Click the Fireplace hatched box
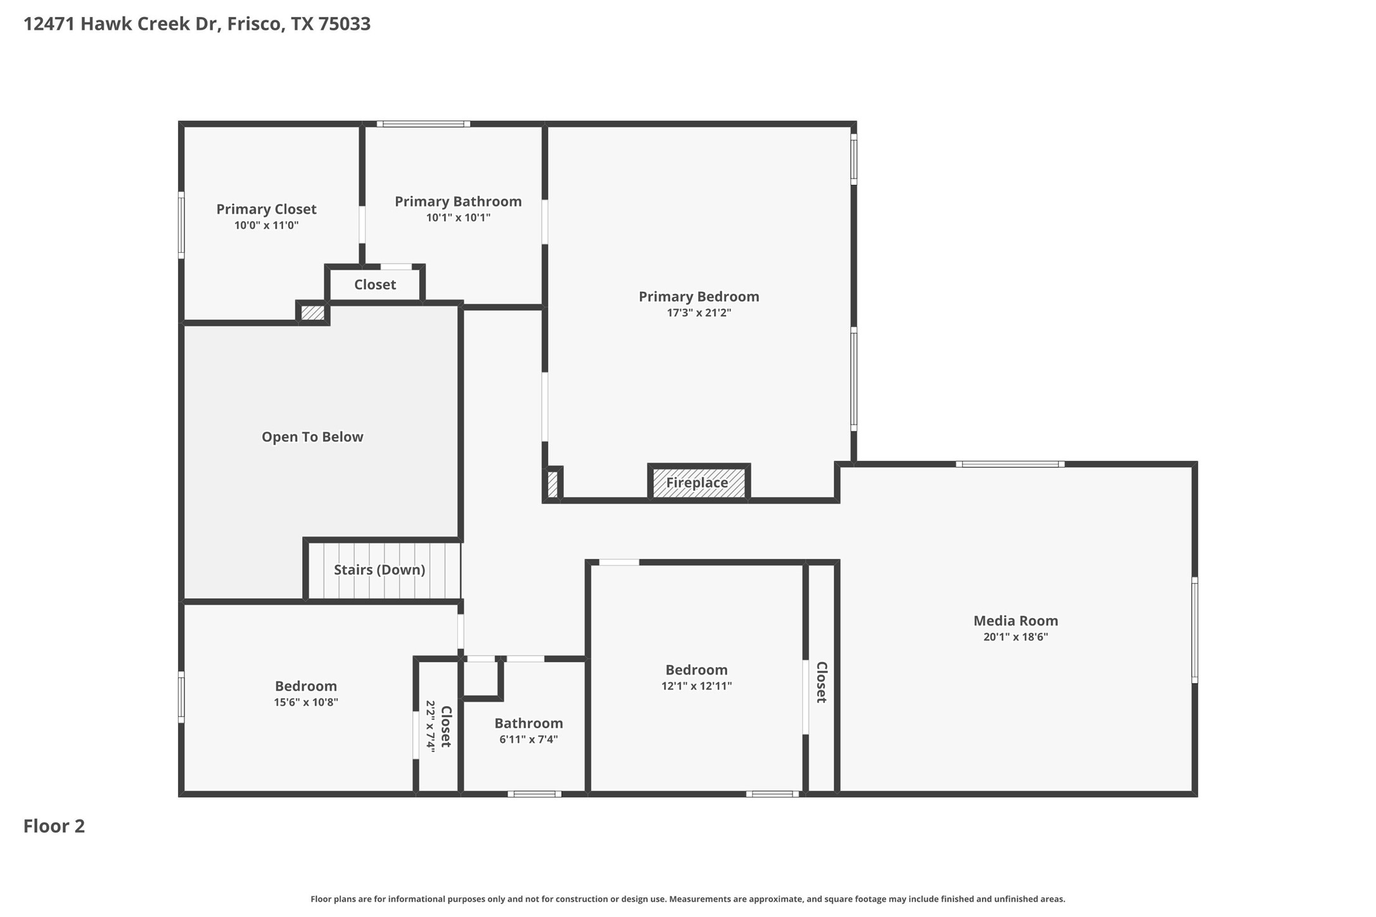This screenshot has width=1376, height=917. click(699, 483)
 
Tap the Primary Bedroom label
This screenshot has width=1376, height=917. click(699, 296)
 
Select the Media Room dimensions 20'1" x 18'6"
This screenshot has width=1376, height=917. click(1016, 637)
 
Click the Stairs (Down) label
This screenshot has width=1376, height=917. click(379, 570)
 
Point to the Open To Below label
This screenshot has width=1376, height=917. click(312, 437)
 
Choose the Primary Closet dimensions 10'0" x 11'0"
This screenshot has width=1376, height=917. click(266, 225)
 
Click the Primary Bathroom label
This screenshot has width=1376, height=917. click(458, 201)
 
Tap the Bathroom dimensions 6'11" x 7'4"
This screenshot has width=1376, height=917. click(528, 740)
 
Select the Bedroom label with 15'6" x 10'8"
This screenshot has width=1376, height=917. click(306, 686)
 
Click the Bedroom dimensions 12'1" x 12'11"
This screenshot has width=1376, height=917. click(696, 686)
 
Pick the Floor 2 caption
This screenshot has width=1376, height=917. click(54, 826)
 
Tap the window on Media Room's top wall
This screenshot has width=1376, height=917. click(1010, 464)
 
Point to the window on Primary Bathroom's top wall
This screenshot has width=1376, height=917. click(423, 124)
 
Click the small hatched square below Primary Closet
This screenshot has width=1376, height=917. click(312, 313)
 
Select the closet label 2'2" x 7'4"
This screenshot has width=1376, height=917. click(431, 726)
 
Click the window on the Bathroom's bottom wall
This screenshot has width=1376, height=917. click(534, 794)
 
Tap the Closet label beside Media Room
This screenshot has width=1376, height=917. click(821, 682)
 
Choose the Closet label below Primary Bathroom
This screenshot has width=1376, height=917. click(375, 285)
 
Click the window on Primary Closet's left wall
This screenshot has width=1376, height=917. click(181, 225)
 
